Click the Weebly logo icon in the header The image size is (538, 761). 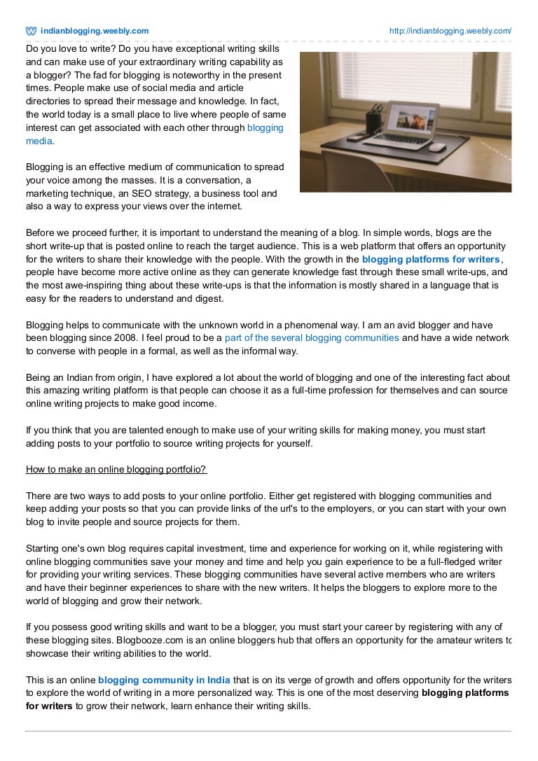[x=32, y=31]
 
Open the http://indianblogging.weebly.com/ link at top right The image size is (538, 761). [x=450, y=31]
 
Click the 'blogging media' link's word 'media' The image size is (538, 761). [x=39, y=141]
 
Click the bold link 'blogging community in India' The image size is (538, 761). [x=163, y=680]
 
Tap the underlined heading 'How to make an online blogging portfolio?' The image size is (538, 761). [x=116, y=468]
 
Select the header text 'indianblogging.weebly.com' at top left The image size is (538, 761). [x=95, y=31]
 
